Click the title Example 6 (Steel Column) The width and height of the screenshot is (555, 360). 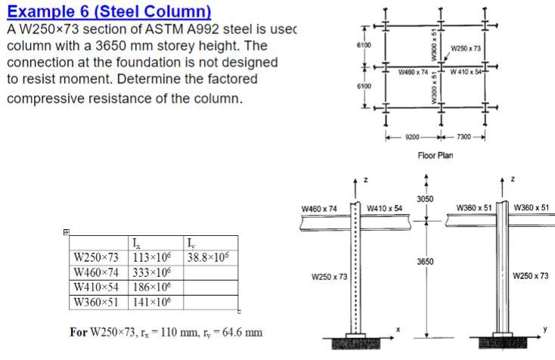109,12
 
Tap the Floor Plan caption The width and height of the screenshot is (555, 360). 436,155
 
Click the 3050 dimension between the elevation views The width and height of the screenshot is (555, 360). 425,198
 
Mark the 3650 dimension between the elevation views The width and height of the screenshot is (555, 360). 425,262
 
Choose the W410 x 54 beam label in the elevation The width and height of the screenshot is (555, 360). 384,208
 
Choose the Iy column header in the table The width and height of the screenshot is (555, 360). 191,243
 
